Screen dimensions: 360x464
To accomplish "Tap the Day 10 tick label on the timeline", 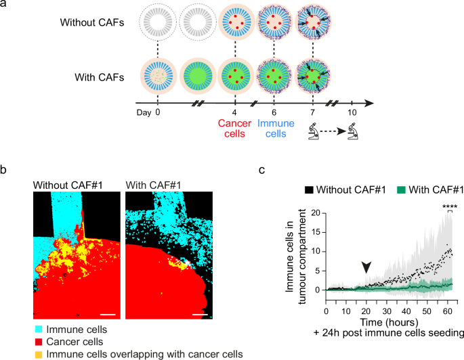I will [x=351, y=114].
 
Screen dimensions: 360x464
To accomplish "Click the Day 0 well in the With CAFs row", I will [x=158, y=74].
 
